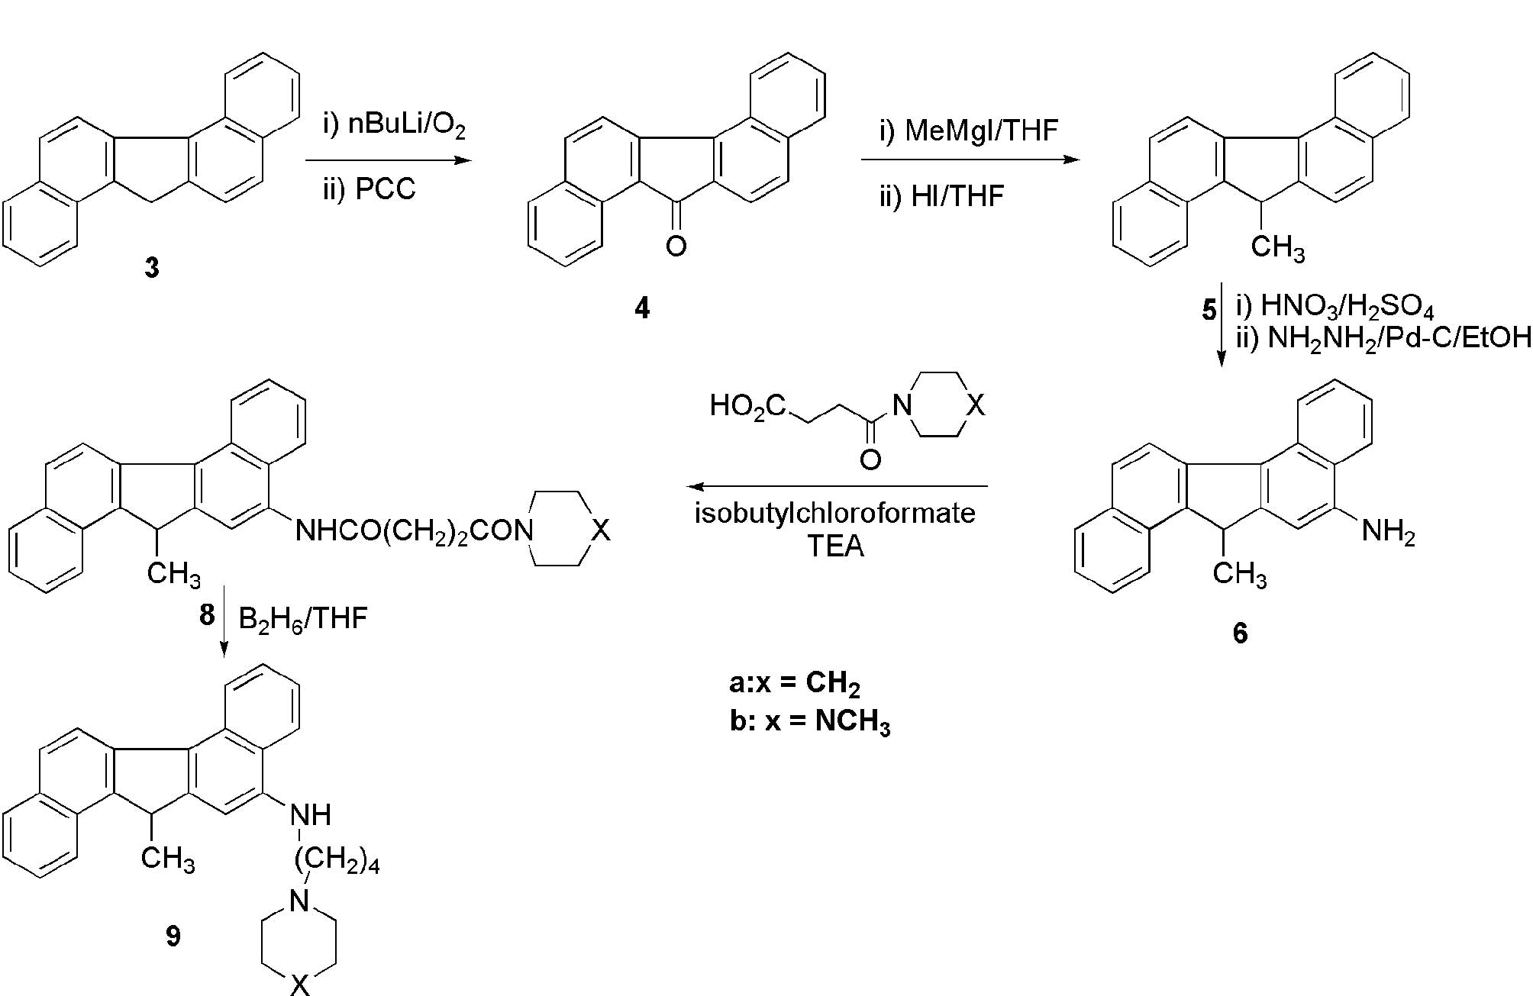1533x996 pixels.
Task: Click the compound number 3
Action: click(x=152, y=268)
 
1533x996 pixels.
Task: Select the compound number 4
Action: click(x=641, y=308)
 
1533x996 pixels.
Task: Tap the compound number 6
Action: click(x=1240, y=633)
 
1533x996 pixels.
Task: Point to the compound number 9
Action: click(x=173, y=936)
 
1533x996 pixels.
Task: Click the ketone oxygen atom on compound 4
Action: click(x=676, y=246)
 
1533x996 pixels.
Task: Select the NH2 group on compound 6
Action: click(x=1388, y=531)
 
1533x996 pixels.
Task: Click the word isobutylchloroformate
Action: click(x=834, y=513)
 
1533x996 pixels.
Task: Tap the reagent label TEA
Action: click(x=835, y=546)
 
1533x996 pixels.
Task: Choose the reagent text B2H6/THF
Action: click(x=303, y=618)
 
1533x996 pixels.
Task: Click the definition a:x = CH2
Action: click(x=794, y=683)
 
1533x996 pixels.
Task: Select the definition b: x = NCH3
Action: click(x=810, y=721)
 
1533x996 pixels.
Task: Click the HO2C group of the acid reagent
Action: click(x=747, y=406)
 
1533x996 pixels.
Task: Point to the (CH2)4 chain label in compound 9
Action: click(x=337, y=861)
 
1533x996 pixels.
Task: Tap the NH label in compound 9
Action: click(x=311, y=814)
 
